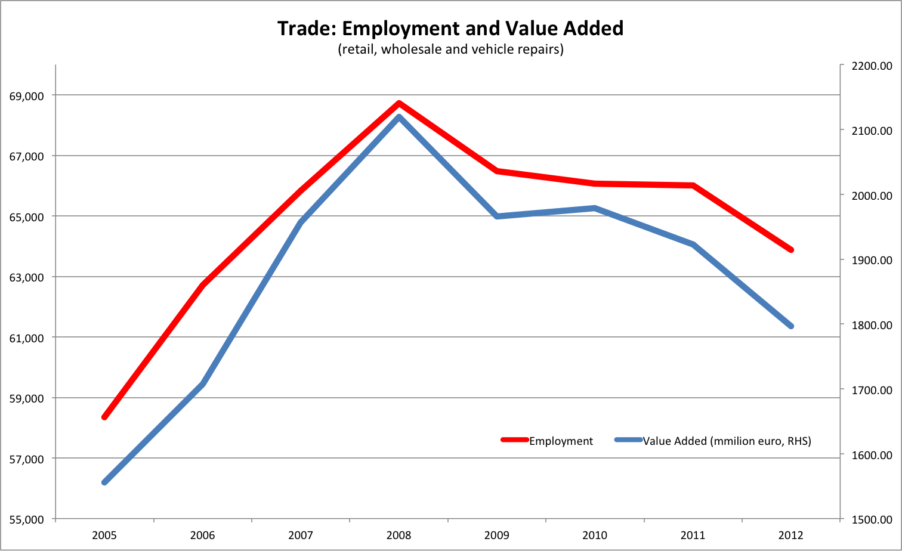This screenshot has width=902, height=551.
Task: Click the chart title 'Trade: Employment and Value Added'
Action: tap(450, 28)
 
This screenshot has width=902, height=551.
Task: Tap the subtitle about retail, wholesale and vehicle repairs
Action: tap(450, 49)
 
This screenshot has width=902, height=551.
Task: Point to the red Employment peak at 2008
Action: tap(399, 103)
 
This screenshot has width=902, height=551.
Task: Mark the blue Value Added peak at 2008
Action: tap(399, 116)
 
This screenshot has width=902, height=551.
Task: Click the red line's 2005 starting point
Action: tap(104, 417)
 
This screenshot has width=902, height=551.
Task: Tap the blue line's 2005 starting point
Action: tap(104, 482)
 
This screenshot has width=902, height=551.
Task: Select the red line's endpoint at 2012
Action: tap(791, 250)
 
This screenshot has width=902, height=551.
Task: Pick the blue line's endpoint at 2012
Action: tap(791, 326)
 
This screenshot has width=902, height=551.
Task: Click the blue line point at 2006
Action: tap(203, 385)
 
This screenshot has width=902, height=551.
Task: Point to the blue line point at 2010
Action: tap(595, 208)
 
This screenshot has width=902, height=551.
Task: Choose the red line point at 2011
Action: tap(693, 185)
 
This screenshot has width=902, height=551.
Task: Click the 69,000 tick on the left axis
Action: tap(27, 95)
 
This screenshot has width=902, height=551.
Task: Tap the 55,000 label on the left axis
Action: tap(27, 519)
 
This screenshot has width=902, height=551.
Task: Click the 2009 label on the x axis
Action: tap(497, 535)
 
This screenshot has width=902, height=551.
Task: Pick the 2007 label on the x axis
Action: tap(301, 535)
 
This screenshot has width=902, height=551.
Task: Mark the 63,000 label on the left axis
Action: tap(27, 277)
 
